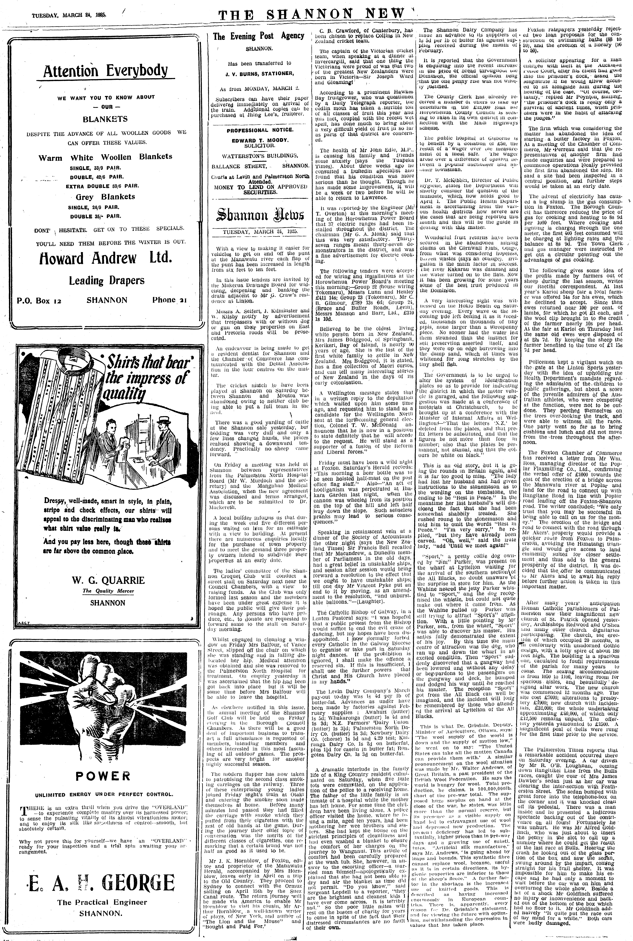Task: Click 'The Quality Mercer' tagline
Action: (108, 591)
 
